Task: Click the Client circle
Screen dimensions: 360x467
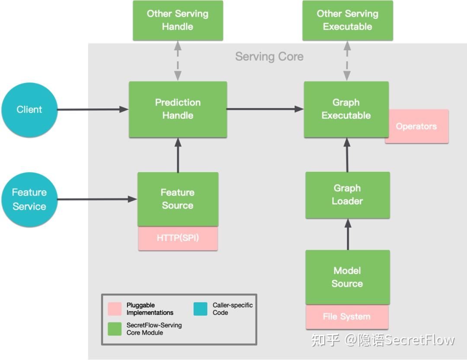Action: [29, 110]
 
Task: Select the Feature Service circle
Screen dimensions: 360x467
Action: [29, 199]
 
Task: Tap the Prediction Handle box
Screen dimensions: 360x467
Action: [178, 109]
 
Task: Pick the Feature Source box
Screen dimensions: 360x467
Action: [178, 199]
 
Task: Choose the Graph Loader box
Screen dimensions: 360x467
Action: [347, 195]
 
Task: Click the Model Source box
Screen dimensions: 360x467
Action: [347, 277]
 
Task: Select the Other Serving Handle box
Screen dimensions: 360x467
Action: [178, 20]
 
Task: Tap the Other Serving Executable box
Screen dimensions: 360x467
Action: [347, 20]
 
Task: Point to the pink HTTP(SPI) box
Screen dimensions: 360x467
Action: [178, 238]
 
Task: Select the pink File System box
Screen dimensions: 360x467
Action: [347, 317]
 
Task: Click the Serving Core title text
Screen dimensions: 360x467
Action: [269, 57]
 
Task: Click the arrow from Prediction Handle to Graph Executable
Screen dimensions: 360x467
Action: [265, 109]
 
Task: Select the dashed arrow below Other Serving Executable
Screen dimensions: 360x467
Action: [347, 61]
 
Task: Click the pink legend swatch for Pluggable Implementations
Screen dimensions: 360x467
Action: [115, 309]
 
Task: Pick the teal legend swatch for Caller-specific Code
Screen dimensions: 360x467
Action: [200, 309]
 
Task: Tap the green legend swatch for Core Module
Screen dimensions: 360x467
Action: [115, 329]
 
